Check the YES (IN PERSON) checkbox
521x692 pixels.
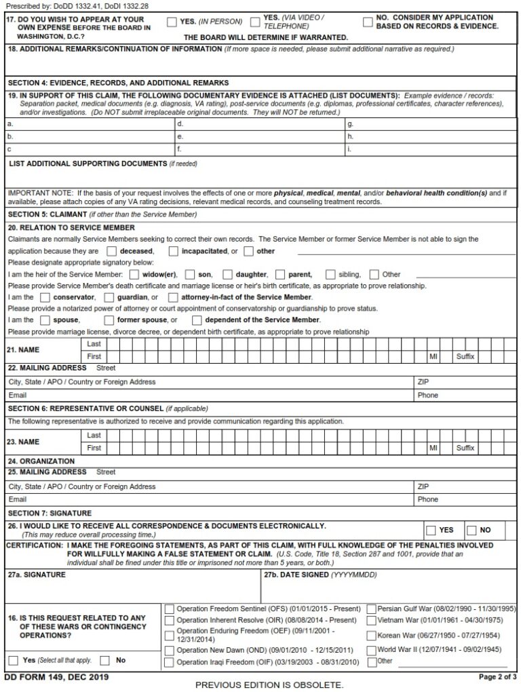[x=172, y=22]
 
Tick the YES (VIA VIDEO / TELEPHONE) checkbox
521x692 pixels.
[x=255, y=22]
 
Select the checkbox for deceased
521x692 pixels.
[x=112, y=251]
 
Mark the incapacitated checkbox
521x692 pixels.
[x=173, y=251]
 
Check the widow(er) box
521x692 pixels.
[x=134, y=275]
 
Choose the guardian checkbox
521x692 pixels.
[x=109, y=297]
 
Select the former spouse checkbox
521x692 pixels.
[x=109, y=320]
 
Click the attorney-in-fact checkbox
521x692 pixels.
[x=173, y=297]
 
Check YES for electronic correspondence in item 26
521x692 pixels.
[x=431, y=530]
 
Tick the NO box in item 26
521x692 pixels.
[x=471, y=530]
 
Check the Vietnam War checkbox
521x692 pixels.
[x=371, y=620]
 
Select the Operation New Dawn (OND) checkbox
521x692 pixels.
[x=169, y=650]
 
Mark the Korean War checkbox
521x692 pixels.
[x=371, y=636]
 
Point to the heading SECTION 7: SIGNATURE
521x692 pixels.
[x=50, y=514]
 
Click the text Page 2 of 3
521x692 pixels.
[x=497, y=677]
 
